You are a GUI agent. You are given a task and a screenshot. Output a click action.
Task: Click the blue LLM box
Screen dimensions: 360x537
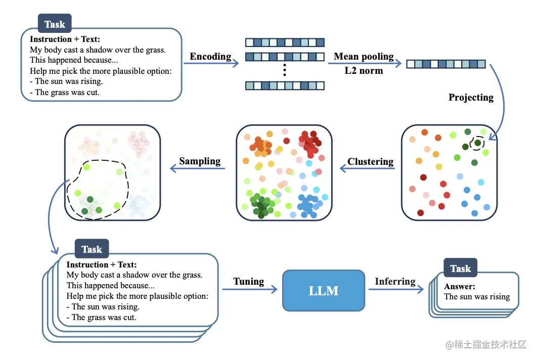click(x=323, y=290)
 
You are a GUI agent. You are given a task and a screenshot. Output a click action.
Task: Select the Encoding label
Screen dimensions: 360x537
click(x=210, y=56)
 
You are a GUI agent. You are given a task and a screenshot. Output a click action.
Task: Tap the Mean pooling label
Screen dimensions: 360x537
click(x=364, y=56)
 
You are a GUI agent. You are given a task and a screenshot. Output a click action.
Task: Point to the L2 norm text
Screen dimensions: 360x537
click(x=364, y=70)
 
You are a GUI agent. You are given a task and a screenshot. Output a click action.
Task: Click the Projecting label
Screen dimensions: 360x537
click(x=471, y=97)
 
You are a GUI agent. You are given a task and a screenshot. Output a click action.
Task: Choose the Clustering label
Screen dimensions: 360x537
click(x=370, y=162)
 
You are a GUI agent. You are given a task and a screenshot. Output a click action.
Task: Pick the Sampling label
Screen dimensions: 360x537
click(x=200, y=161)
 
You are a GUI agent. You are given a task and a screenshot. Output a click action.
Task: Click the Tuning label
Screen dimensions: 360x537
click(x=248, y=281)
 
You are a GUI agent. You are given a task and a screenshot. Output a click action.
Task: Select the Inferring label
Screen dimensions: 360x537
click(x=395, y=281)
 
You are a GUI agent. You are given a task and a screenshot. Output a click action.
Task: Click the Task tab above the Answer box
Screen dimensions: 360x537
click(x=460, y=269)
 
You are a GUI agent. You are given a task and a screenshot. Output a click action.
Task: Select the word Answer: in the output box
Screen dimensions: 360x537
click(x=460, y=287)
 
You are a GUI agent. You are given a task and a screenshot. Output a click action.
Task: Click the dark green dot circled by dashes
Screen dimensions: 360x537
click(x=477, y=143)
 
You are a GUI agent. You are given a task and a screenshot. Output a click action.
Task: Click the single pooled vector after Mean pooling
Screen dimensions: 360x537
click(x=445, y=64)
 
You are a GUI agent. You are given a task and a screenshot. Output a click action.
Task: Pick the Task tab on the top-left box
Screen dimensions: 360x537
click(x=55, y=24)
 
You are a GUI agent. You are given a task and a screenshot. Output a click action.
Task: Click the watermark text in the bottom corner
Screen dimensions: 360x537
click(x=485, y=344)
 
